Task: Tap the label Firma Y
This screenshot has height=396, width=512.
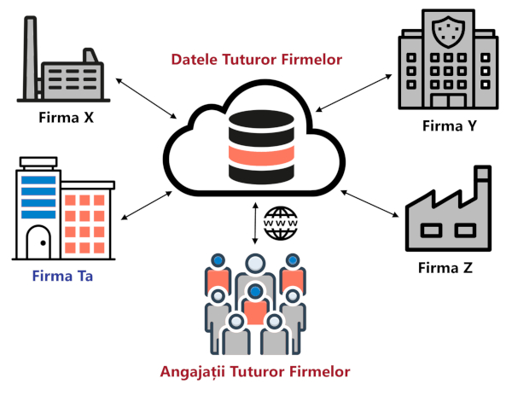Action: click(x=448, y=126)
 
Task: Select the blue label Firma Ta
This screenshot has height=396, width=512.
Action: click(x=61, y=276)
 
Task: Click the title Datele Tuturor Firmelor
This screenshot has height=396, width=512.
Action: click(x=256, y=60)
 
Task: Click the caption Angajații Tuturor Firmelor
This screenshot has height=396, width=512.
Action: click(x=255, y=372)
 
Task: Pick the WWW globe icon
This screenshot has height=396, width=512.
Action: click(x=277, y=223)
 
